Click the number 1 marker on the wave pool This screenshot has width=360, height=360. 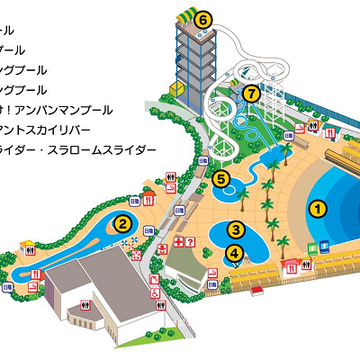[316, 208]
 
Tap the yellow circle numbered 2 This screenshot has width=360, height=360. [120, 223]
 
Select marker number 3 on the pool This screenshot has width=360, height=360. [236, 230]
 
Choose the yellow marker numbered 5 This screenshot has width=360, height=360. [221, 179]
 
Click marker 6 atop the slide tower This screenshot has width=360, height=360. [203, 18]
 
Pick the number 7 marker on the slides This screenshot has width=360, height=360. [251, 92]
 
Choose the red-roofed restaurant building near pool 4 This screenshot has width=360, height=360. [293, 266]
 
